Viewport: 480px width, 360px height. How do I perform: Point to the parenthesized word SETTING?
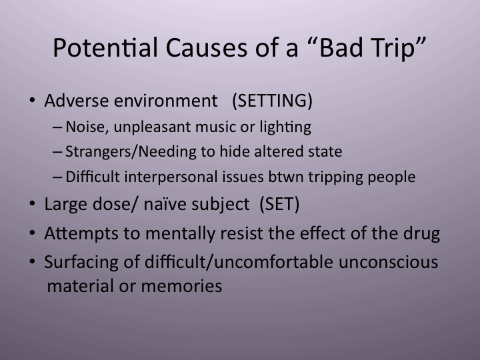click(272, 101)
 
